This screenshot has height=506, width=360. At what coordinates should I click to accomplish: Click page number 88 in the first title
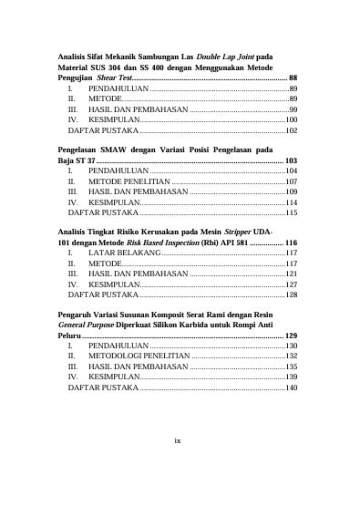point(293,79)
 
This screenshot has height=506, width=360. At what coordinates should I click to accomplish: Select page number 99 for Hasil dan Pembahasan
point(293,108)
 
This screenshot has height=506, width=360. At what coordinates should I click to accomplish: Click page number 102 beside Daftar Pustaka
point(292,130)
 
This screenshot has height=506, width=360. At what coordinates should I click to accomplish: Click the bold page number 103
point(292,160)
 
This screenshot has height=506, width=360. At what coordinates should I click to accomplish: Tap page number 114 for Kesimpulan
point(292,203)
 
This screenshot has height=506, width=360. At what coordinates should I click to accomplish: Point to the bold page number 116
point(292,243)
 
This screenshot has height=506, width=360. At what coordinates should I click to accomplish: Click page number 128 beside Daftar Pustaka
point(292,294)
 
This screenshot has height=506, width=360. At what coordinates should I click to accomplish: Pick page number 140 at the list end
point(292,388)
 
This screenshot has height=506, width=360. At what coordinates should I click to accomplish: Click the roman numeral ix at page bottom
point(179,440)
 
